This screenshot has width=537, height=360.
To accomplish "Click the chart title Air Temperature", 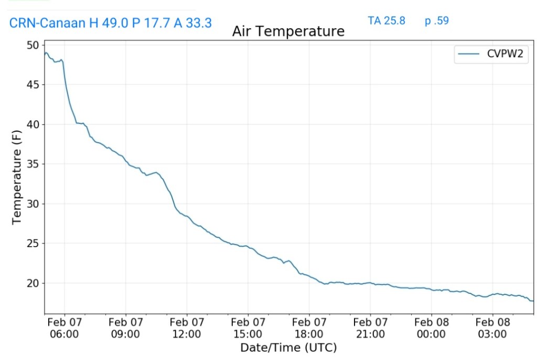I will [288, 31].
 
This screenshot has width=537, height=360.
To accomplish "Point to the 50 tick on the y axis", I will [33, 45].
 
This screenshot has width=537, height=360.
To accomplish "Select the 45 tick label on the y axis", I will [33, 84].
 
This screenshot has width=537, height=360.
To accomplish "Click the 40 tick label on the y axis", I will [33, 124].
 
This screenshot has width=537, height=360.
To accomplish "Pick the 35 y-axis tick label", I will [33, 164].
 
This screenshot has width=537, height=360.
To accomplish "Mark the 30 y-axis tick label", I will [33, 204].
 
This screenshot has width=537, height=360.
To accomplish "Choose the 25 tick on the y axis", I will [33, 243].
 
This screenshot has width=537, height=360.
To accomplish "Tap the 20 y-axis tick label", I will [33, 283].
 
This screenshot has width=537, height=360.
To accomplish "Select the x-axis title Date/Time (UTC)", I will [288, 347].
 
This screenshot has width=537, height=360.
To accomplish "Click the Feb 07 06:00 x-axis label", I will [65, 328].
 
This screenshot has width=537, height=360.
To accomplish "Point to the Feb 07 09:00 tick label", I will [126, 328].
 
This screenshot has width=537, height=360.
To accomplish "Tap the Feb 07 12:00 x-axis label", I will [187, 328].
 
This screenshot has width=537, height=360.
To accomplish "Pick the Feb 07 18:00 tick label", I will [309, 328].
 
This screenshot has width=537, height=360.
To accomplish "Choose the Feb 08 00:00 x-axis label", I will [431, 328].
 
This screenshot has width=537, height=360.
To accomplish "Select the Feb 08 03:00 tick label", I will [492, 328].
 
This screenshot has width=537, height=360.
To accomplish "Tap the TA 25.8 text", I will [386, 21].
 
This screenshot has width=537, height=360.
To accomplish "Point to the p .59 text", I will [437, 21].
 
